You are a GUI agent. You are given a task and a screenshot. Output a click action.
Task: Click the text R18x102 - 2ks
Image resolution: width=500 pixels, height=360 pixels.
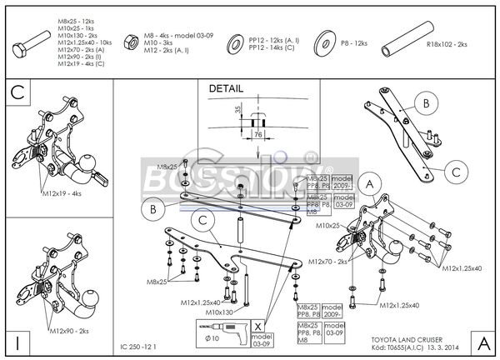coord(447,44)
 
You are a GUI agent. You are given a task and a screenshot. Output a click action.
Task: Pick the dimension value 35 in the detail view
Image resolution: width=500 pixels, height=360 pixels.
coord(237,108)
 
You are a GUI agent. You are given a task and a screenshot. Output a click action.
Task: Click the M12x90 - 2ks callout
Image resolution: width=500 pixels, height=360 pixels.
coord(66,331)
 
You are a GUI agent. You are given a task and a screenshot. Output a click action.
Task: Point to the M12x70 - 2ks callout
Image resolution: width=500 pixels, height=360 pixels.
coord(327,262)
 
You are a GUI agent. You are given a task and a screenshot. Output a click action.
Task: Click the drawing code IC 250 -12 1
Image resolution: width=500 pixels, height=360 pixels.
coord(137,345)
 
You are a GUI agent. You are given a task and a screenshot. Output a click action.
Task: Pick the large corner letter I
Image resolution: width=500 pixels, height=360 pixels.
coord(17,342)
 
